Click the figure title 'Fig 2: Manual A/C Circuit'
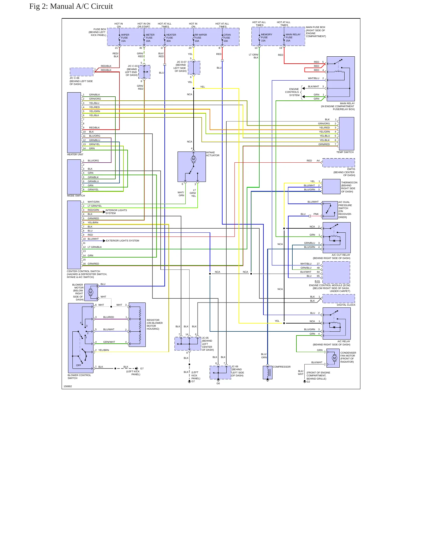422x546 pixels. click(x=71, y=6)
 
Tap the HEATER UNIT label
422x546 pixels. click(x=75, y=154)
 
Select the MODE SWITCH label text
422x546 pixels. click(x=76, y=196)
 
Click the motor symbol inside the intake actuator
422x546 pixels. click(x=193, y=159)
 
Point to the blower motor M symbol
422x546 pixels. click(x=91, y=292)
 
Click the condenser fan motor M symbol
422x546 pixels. click(x=335, y=358)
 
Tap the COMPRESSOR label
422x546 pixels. click(x=282, y=367)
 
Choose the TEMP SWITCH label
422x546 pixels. click(x=345, y=152)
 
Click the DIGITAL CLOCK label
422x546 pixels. click(x=346, y=305)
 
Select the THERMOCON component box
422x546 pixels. click(x=331, y=187)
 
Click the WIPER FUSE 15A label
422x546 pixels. click(x=125, y=38)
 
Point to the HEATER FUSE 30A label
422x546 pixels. click(x=171, y=38)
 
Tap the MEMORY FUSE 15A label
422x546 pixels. click(x=266, y=37)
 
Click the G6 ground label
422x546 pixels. click(x=218, y=383)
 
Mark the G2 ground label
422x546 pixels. click(x=308, y=382)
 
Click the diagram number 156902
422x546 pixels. click(x=68, y=386)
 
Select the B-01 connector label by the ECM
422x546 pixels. click(x=317, y=281)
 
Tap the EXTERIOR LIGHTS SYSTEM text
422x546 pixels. click(x=123, y=241)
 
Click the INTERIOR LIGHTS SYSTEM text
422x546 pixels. click(x=116, y=212)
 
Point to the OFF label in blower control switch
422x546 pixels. click(x=79, y=365)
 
